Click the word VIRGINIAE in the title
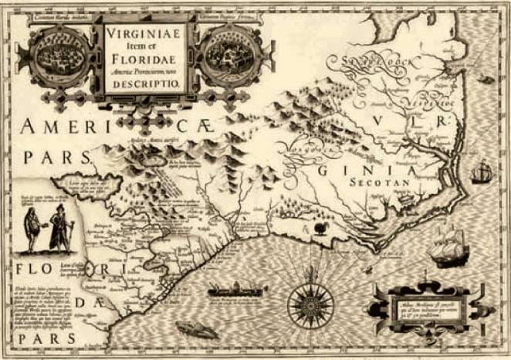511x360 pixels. pos(144,35)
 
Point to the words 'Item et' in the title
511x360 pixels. pos(144,46)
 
